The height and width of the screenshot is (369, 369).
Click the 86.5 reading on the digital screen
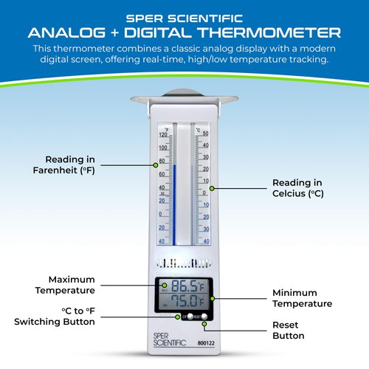[x=183, y=288]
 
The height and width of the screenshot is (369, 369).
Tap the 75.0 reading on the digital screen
[x=183, y=302]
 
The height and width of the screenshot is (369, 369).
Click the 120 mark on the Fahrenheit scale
[x=162, y=134]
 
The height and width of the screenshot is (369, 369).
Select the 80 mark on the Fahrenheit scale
[x=162, y=161]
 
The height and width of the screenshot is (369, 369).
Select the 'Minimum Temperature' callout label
[x=302, y=298]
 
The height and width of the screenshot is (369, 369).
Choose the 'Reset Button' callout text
[x=288, y=331]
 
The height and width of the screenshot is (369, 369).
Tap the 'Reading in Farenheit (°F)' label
[x=75, y=164]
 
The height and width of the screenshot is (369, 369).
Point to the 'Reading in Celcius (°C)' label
[x=297, y=188]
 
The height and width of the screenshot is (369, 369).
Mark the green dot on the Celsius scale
[x=212, y=188]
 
